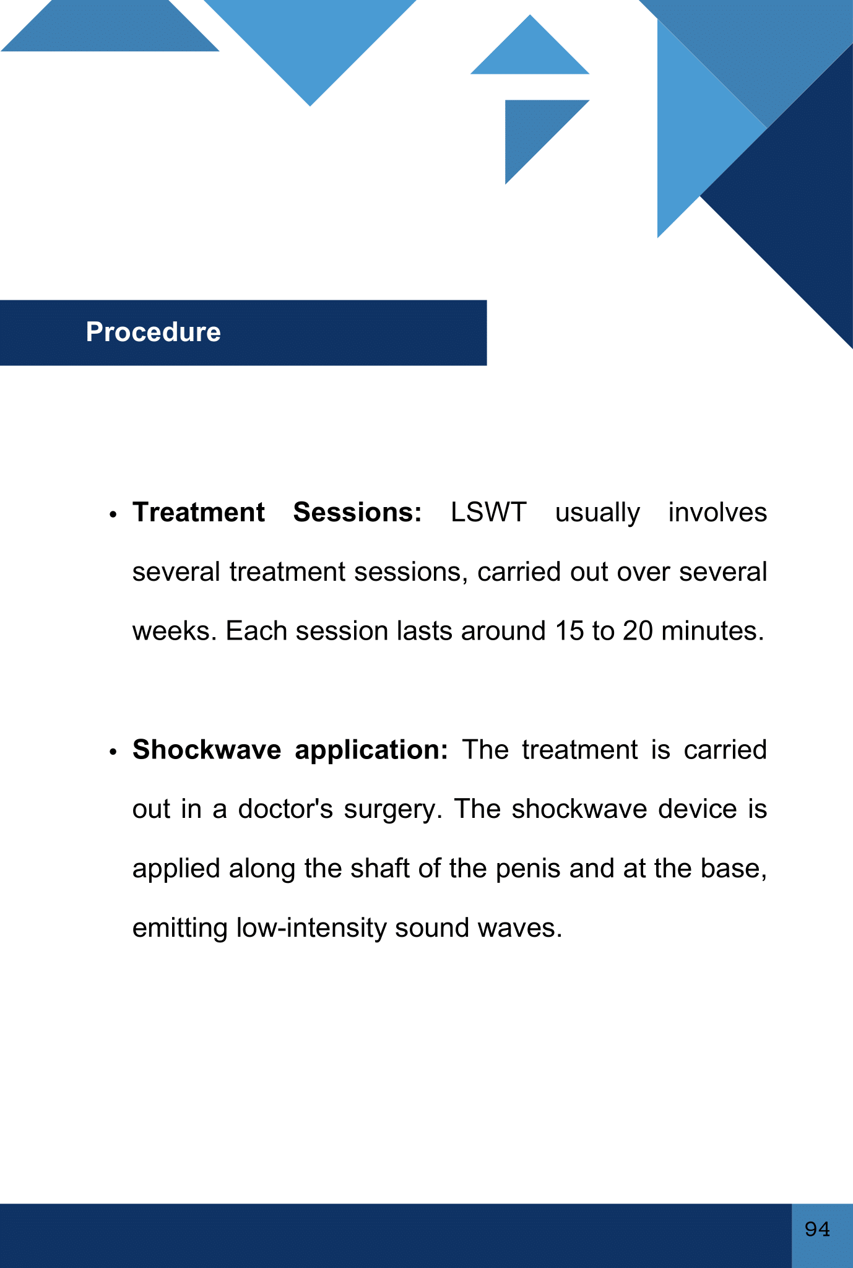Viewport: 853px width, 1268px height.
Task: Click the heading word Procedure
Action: click(x=153, y=332)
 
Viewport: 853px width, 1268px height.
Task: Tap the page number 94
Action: click(x=817, y=1228)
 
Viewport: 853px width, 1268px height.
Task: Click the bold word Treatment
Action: click(x=199, y=513)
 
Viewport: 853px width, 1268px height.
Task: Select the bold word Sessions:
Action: click(x=357, y=513)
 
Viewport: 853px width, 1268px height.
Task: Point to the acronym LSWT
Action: click(x=488, y=513)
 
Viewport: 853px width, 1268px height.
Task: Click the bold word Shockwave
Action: click(x=207, y=750)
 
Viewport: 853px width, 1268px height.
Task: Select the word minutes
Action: click(x=709, y=631)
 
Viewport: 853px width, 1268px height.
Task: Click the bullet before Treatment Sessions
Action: click(x=113, y=515)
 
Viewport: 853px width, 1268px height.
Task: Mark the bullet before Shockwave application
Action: click(x=113, y=752)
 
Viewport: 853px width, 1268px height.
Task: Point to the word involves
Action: click(x=717, y=513)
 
